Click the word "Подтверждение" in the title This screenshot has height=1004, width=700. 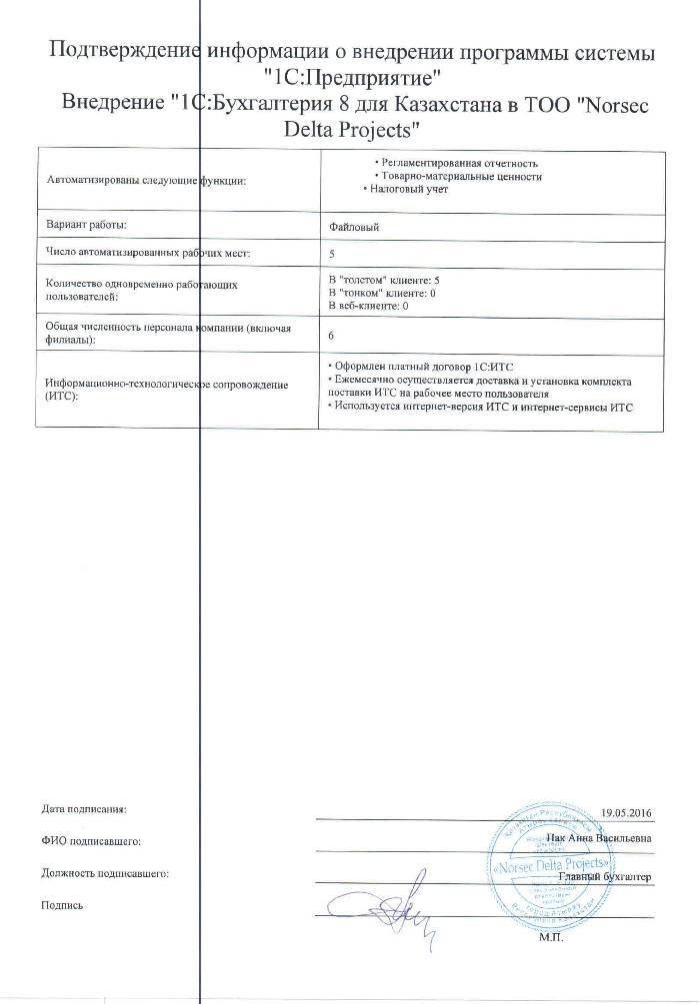click(x=123, y=52)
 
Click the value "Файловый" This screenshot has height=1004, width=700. click(x=354, y=228)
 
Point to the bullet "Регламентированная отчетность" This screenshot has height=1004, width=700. click(x=456, y=162)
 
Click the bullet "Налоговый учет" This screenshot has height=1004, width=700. click(x=405, y=189)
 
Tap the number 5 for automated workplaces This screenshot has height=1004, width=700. click(x=332, y=254)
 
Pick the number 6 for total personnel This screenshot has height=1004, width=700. click(x=332, y=335)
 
